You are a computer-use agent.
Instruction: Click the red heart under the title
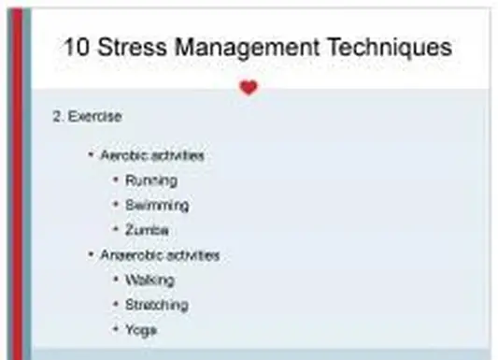(248, 88)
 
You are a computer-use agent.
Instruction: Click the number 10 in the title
(79, 47)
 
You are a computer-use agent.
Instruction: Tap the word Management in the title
(253, 47)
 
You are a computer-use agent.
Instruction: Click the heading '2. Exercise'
(87, 117)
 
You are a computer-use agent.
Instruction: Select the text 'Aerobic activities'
(152, 155)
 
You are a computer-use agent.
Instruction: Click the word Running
(150, 180)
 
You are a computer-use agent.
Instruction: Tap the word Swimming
(156, 205)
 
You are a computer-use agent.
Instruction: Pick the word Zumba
(147, 230)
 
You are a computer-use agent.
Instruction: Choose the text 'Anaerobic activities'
(160, 254)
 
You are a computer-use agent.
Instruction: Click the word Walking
(149, 280)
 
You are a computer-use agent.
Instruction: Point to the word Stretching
(156, 305)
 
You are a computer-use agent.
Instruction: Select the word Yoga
(141, 329)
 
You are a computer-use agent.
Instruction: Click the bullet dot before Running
(115, 180)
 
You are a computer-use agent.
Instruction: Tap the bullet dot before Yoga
(115, 329)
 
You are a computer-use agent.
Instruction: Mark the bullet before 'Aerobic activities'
(91, 155)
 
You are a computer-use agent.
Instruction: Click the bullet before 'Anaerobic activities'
(91, 254)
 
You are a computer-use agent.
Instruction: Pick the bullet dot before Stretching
(115, 305)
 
